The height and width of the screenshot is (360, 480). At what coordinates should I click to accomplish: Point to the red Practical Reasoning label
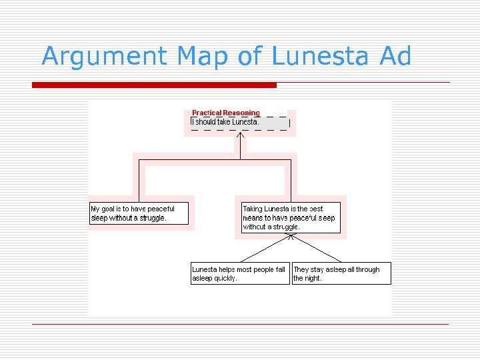pyautogui.click(x=226, y=113)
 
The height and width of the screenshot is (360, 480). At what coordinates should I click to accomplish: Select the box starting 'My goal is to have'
pyautogui.click(x=139, y=213)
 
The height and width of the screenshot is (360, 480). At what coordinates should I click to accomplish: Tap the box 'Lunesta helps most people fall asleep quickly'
pyautogui.click(x=240, y=273)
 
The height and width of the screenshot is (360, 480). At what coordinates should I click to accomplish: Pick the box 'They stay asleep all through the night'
pyautogui.click(x=341, y=273)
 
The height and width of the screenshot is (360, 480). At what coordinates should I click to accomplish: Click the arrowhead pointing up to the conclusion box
pyautogui.click(x=240, y=135)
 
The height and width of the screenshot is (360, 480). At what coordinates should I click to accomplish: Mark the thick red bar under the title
pyautogui.click(x=154, y=85)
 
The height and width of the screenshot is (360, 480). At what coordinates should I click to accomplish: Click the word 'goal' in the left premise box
pyautogui.click(x=112, y=209)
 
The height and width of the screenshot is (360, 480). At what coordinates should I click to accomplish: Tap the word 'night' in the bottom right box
pyautogui.click(x=313, y=279)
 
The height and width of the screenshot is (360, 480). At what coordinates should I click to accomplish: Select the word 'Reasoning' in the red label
pyautogui.click(x=241, y=113)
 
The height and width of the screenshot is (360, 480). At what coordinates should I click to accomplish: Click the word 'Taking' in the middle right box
pyautogui.click(x=253, y=209)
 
